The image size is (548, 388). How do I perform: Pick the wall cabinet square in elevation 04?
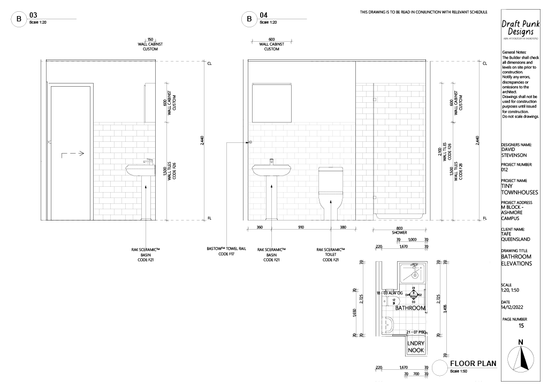tap(272, 102)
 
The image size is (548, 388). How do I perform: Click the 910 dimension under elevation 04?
tap(301, 227)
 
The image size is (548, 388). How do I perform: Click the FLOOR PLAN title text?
tap(473, 363)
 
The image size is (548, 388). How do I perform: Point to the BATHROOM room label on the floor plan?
tap(410, 308)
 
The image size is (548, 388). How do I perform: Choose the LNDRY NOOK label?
tap(416, 347)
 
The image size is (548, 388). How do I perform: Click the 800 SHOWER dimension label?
tap(399, 231)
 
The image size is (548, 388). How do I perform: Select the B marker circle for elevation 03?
tap(19, 20)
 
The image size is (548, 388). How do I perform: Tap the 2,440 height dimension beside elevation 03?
tap(202, 141)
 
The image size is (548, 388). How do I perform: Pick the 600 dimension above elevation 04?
tap(271, 39)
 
